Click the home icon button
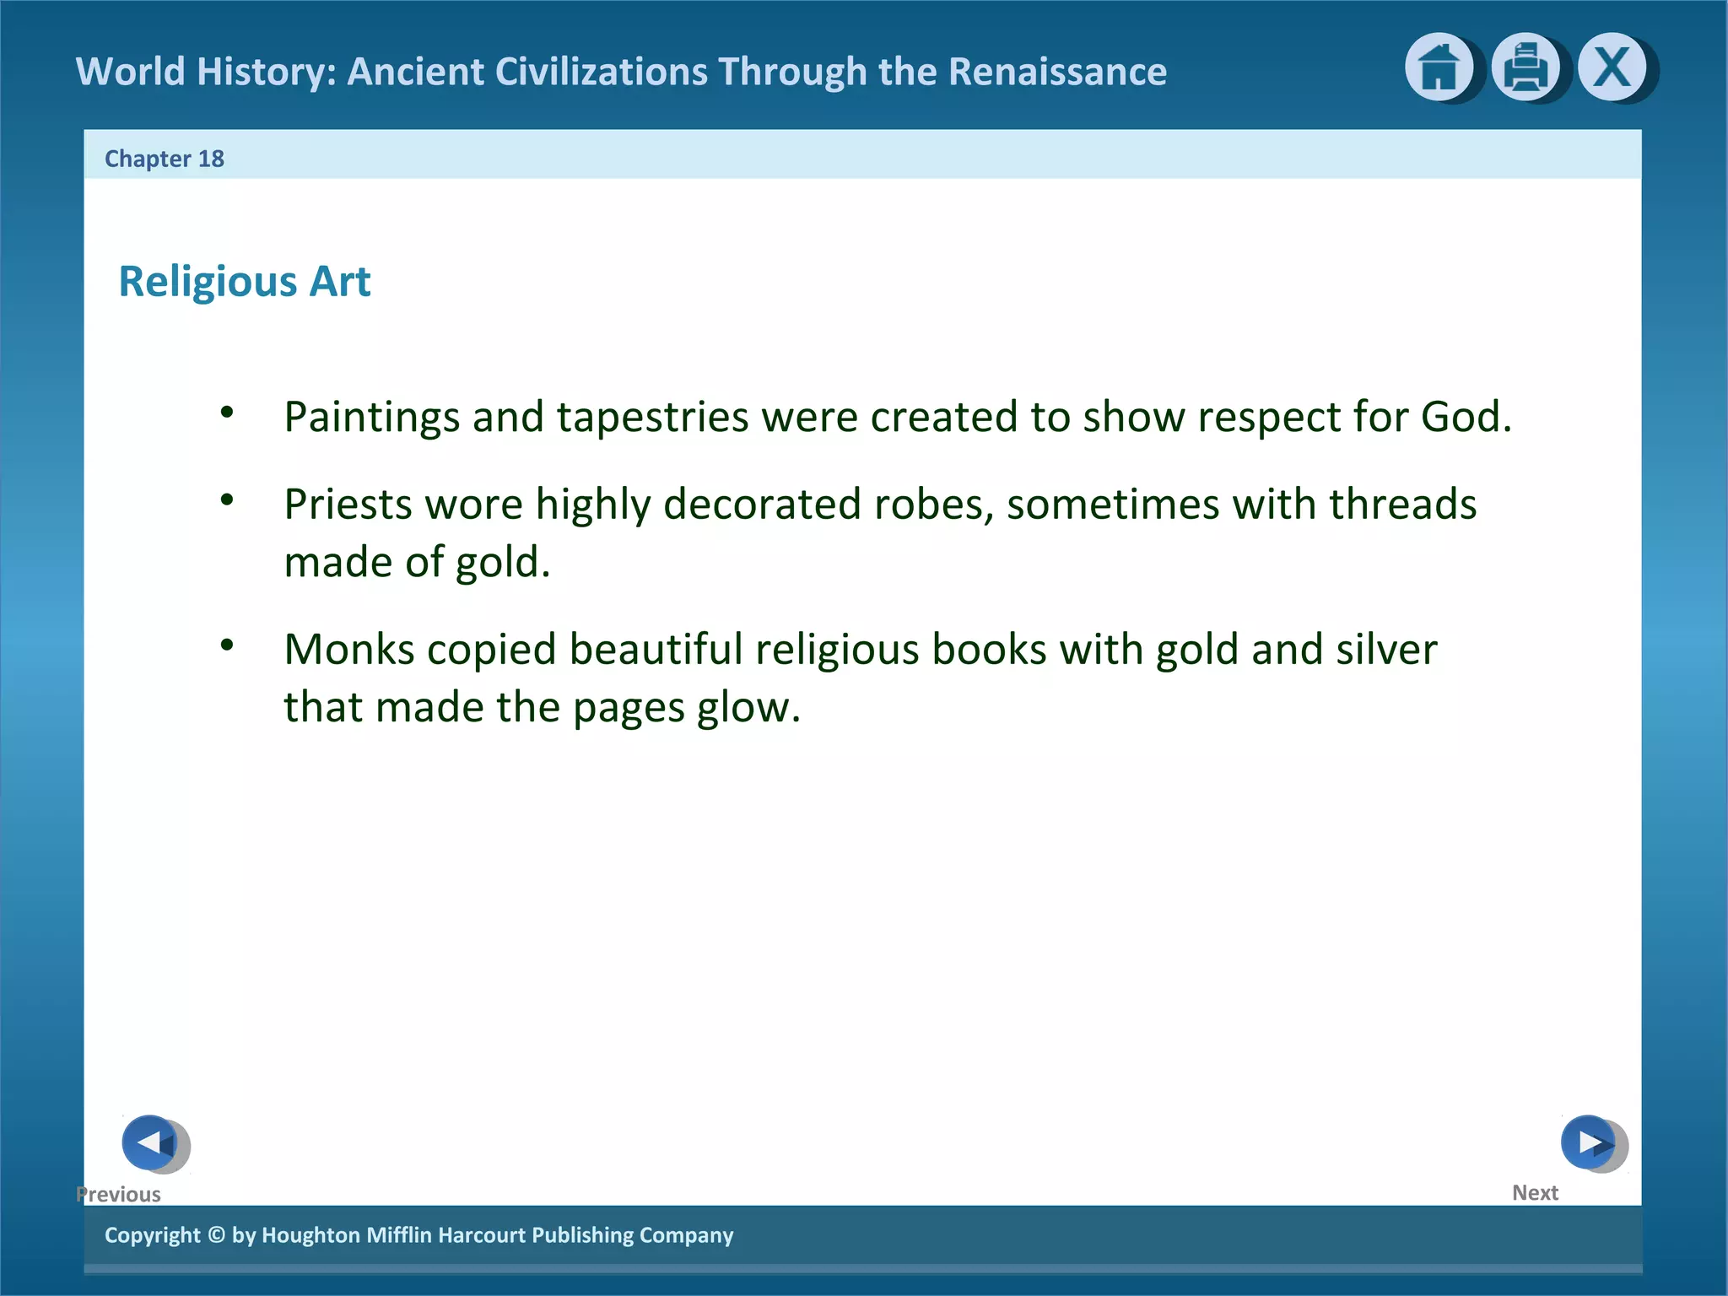pos(1439,67)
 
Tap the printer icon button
pos(1525,67)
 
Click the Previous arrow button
pos(150,1142)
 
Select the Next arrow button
pos(1589,1142)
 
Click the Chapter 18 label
pos(165,159)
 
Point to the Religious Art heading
pos(245,281)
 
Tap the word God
pos(1465,417)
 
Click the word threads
pos(1402,505)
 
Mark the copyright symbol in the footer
pos(216,1235)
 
